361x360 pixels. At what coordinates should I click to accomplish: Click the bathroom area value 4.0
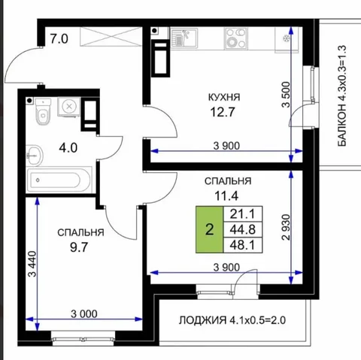[68, 147]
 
